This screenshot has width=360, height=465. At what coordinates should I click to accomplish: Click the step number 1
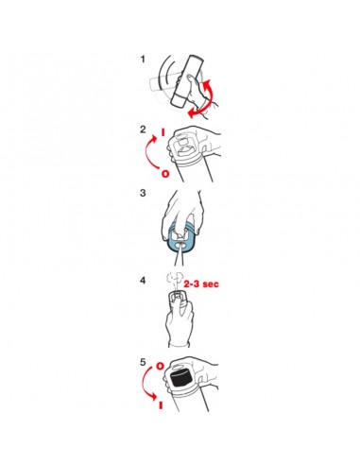click(143, 59)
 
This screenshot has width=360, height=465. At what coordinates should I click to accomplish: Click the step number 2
click(143, 129)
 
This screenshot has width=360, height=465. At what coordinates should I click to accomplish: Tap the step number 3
click(143, 193)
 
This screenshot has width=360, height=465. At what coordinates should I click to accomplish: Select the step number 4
click(143, 280)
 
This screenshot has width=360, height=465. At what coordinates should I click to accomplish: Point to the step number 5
click(143, 362)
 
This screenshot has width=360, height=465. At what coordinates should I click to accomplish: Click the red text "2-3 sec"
click(201, 284)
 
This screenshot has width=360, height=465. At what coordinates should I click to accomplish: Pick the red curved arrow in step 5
click(146, 385)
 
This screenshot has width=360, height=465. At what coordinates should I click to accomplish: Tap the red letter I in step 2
click(163, 132)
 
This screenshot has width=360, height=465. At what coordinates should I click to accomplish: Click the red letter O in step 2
click(165, 174)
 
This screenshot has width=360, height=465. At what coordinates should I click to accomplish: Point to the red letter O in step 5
click(161, 366)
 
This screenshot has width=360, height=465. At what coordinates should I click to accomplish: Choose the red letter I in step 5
click(161, 405)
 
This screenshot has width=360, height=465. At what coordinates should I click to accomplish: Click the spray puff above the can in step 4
click(175, 279)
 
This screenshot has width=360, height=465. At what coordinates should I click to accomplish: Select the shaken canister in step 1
click(187, 81)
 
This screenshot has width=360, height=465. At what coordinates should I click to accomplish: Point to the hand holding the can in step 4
click(180, 323)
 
